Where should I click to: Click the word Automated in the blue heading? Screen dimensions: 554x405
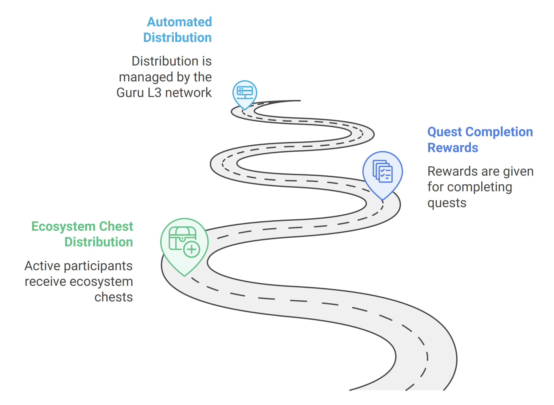[179, 22]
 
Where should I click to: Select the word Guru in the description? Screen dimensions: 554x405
[130, 93]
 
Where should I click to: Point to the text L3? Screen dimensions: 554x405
[154, 93]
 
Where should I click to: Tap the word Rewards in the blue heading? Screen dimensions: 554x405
[453, 148]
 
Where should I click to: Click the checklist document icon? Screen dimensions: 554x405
[383, 171]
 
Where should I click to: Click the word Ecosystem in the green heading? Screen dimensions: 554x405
[63, 226]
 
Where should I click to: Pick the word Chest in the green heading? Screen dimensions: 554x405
[116, 226]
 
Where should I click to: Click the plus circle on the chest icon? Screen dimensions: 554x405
[192, 249]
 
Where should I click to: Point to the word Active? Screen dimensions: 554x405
[43, 266]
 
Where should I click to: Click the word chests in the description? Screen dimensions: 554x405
[114, 297]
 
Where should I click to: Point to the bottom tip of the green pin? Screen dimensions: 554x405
[185, 276]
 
